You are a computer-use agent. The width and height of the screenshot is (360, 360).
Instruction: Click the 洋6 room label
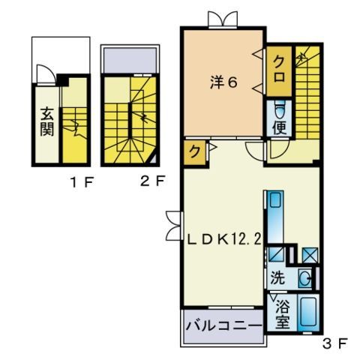click(223, 82)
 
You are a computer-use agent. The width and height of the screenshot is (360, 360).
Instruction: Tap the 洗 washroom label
click(278, 277)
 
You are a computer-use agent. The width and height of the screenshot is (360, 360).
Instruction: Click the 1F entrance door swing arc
click(44, 73)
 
